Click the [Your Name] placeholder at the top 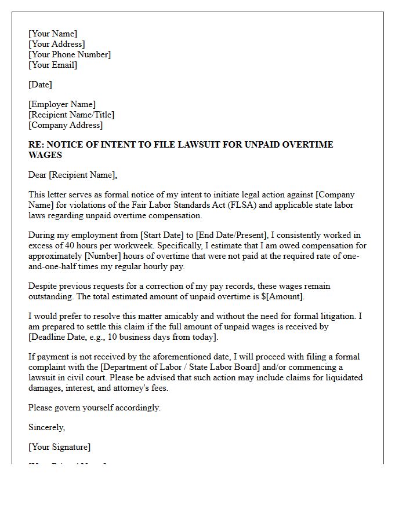53,34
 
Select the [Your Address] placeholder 56,44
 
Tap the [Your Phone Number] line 70,54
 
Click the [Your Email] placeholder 53,65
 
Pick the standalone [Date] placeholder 40,85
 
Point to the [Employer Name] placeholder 62,104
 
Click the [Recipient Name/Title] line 71,115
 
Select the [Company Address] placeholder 66,125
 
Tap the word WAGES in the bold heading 45,155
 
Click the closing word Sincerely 46,427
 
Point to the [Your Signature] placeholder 59,447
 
